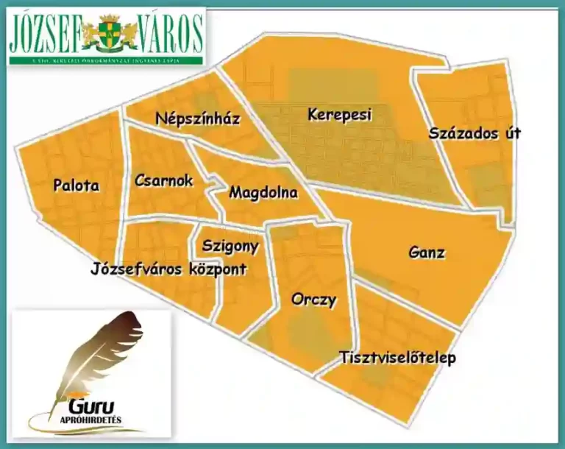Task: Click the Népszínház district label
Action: pos(198,119)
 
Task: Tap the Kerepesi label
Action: pos(340,115)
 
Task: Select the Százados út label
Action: pos(475,134)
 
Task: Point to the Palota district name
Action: pos(76,185)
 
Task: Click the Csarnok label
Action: pos(163,180)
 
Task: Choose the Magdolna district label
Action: pos(263,193)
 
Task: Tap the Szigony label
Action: pos(230,246)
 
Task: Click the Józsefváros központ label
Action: pos(168,269)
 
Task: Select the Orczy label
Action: pos(313,300)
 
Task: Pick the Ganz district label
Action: pos(427,252)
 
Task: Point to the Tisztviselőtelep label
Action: pos(397,358)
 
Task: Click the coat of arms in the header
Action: pos(109,31)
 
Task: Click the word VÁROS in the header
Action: pos(169,32)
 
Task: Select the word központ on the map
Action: pos(217,269)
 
